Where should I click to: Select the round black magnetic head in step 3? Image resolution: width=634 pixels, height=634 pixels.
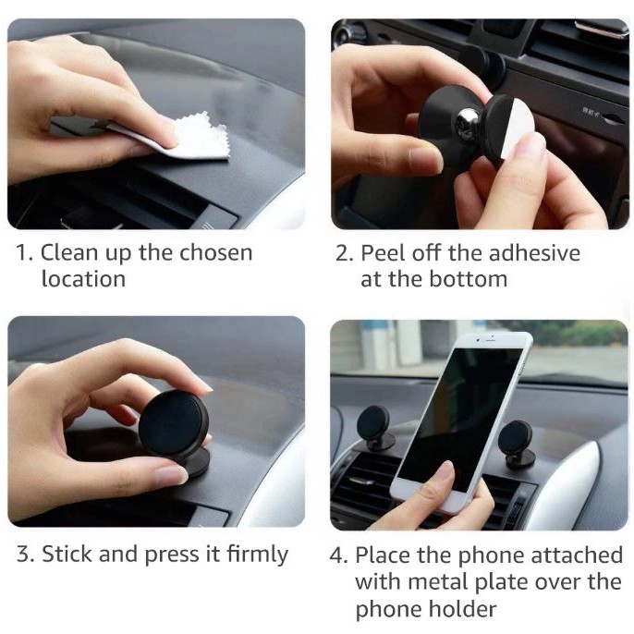point(173,423)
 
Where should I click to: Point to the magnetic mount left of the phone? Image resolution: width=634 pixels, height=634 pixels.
point(375,429)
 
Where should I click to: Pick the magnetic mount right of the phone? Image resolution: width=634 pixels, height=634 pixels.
point(518,444)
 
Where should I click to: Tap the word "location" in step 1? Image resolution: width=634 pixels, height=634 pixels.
point(83,278)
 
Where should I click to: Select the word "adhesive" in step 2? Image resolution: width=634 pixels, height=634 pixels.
point(534,252)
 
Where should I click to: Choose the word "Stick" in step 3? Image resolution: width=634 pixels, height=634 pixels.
point(67,553)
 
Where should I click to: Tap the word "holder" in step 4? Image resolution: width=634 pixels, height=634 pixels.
point(462,608)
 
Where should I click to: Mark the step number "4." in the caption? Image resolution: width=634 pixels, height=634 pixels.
point(338,555)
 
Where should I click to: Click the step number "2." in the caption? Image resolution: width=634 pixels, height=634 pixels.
point(345,253)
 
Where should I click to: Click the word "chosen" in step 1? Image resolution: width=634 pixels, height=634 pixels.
point(216,252)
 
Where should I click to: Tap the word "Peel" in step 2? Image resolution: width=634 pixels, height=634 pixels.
point(383,252)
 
